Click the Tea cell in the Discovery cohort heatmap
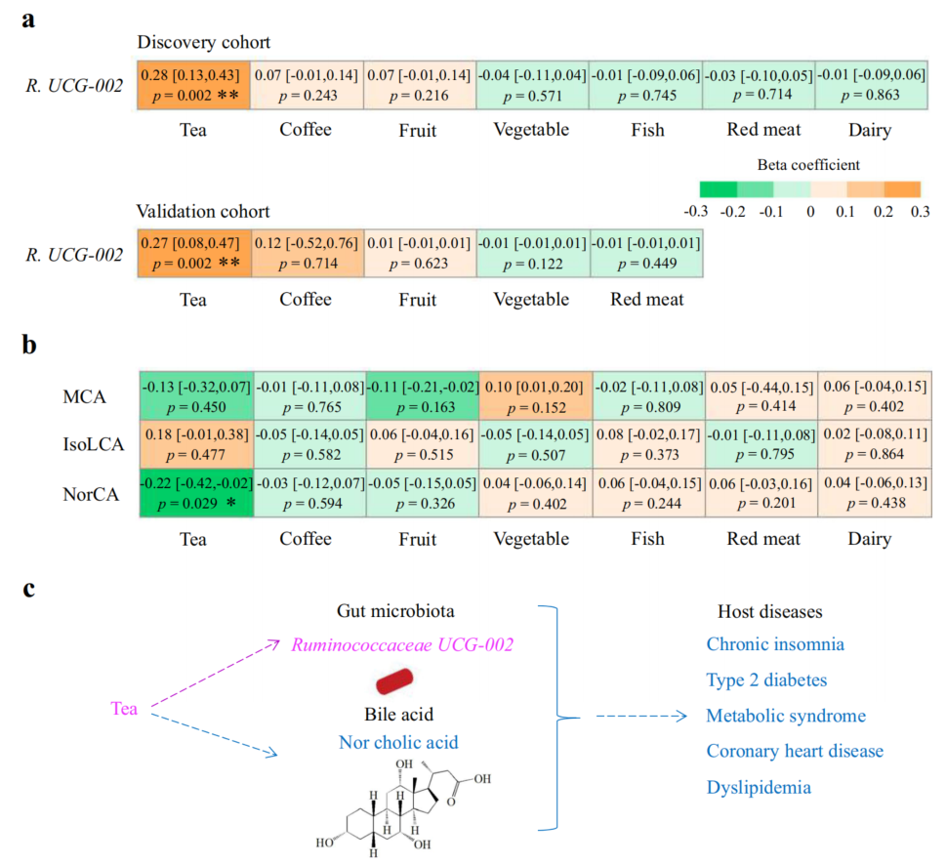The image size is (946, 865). tap(193, 85)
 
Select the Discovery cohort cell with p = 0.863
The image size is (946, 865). tap(871, 85)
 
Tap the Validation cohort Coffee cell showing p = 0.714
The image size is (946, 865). tap(308, 253)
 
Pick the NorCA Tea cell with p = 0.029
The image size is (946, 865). tap(196, 493)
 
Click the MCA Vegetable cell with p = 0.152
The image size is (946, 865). tap(536, 396)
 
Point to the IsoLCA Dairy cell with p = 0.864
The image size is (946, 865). tap(875, 444)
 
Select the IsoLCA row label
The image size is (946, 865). tap(94, 444)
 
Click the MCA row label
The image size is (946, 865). tap(85, 397)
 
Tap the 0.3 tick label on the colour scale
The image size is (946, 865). tap(920, 212)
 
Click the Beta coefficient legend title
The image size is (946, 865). tap(808, 165)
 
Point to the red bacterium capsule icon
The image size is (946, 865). tap(394, 681)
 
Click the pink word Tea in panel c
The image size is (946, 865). tap(124, 708)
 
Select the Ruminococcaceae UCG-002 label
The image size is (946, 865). tap(402, 644)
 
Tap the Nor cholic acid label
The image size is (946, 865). tap(398, 742)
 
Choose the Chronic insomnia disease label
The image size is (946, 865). tap(775, 644)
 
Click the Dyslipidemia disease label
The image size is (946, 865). tap(759, 787)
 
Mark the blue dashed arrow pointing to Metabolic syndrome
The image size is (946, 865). tap(641, 716)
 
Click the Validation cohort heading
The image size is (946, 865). tap(203, 211)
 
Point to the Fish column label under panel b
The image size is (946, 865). tap(648, 539)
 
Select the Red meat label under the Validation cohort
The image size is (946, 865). tap(646, 299)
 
